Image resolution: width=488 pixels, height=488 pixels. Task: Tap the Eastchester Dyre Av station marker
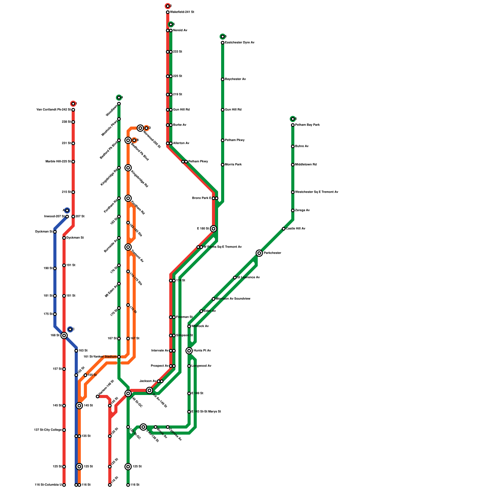click(223, 43)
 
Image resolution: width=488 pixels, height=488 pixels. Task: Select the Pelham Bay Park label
click(307, 125)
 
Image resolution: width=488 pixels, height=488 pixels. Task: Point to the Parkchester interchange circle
click(259, 253)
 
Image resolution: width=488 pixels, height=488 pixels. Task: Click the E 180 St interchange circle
click(213, 229)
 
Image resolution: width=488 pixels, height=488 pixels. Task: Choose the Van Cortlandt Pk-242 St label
click(54, 110)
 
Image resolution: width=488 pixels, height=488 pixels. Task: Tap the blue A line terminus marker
click(67, 210)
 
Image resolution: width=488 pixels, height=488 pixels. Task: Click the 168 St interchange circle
click(64, 335)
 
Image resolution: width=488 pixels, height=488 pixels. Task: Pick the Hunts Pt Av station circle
click(189, 351)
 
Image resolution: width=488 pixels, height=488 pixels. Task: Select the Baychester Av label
click(235, 79)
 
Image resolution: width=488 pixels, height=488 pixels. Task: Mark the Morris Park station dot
click(223, 165)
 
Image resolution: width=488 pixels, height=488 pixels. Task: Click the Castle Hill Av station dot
click(284, 229)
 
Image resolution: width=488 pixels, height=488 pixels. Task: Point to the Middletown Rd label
click(306, 165)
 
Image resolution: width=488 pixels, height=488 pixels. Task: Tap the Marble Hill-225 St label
click(58, 162)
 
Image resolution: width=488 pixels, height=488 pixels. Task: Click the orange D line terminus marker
click(146, 128)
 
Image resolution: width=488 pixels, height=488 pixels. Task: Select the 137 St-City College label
click(48, 430)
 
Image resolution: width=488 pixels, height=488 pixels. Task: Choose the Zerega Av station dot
click(293, 210)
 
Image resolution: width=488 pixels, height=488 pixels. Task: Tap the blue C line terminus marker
click(70, 329)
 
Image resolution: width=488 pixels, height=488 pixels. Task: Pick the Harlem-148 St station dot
click(98, 396)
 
